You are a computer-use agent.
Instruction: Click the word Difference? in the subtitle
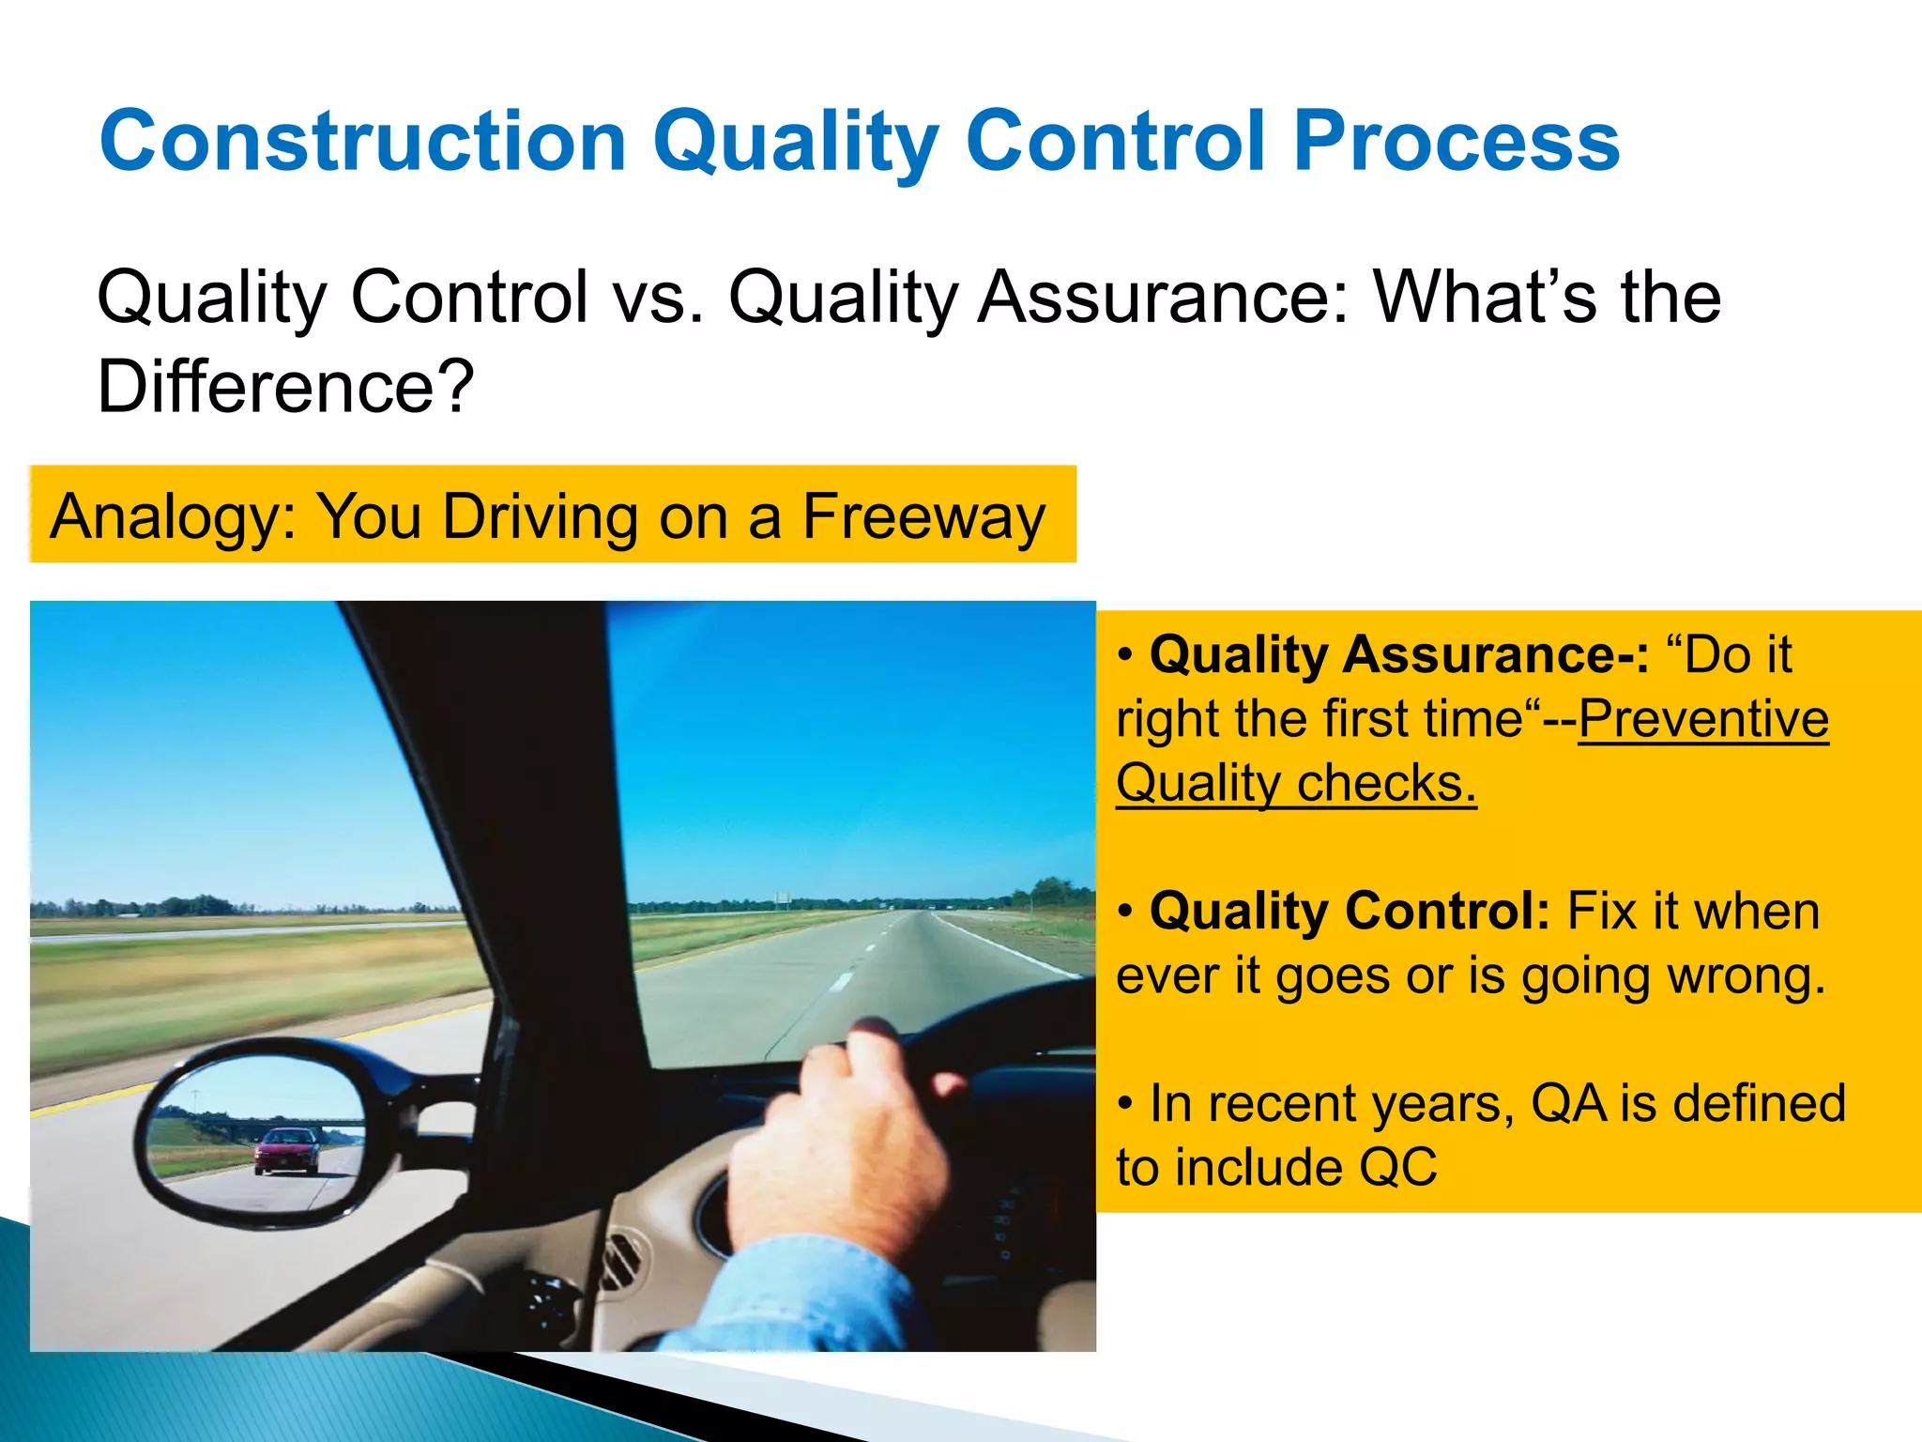pos(286,387)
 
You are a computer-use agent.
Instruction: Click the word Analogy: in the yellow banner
pos(174,518)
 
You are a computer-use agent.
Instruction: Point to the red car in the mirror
pos(286,1151)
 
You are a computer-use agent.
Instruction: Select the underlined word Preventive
pos(1703,719)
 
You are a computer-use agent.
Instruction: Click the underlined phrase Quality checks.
pos(1296,783)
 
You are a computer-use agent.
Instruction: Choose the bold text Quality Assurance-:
pos(1398,654)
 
